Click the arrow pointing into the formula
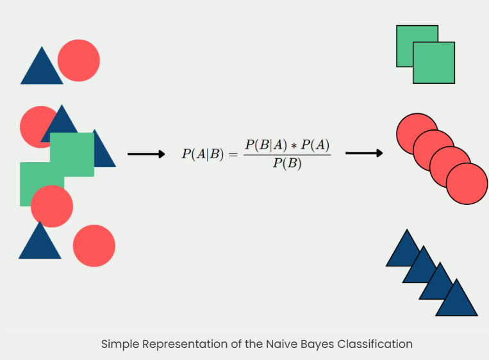click(x=146, y=154)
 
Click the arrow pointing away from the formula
click(x=364, y=153)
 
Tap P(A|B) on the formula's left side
click(x=201, y=154)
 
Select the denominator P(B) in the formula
click(x=287, y=164)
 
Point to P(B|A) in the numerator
click(x=263, y=144)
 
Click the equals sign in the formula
click(x=232, y=154)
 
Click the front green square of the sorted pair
click(x=434, y=63)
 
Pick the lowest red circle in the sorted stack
click(x=467, y=184)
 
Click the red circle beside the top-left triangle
click(x=79, y=60)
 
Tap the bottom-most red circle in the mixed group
click(x=94, y=246)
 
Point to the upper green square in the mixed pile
click(x=72, y=154)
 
